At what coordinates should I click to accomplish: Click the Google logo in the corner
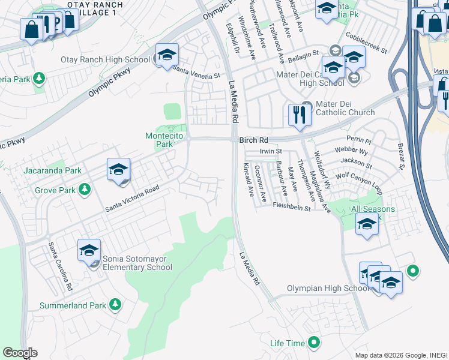(20, 353)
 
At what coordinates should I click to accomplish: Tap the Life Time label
(288, 343)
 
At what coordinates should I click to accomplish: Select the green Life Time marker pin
(313, 343)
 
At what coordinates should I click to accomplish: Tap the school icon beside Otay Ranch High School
(166, 56)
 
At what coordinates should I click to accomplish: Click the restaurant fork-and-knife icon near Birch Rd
(299, 113)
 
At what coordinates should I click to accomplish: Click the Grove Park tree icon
(85, 190)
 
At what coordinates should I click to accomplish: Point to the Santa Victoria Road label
(132, 199)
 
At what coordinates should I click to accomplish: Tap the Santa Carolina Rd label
(61, 267)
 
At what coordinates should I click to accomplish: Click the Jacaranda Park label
(52, 170)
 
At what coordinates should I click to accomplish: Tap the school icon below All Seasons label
(367, 226)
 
